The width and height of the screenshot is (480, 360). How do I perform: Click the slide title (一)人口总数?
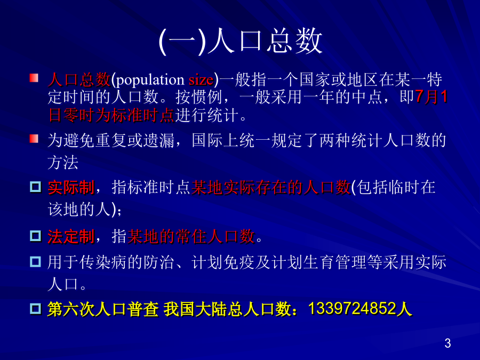pyautogui.click(x=241, y=42)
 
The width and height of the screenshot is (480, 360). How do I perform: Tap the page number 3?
pyautogui.click(x=447, y=343)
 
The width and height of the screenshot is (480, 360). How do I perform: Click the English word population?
pyautogui.click(x=150, y=80)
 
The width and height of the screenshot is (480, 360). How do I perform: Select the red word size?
pyautogui.click(x=201, y=80)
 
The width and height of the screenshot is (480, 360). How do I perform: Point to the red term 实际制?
pyautogui.click(x=71, y=187)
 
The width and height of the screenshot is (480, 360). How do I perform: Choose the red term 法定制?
pyautogui.click(x=71, y=237)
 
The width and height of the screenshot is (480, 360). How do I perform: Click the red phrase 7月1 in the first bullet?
pyautogui.click(x=431, y=97)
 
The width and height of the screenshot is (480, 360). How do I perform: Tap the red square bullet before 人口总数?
pyautogui.click(x=34, y=78)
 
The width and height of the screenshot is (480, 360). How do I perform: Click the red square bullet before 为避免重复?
pyautogui.click(x=34, y=139)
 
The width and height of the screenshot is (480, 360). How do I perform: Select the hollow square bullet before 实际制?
pyautogui.click(x=36, y=187)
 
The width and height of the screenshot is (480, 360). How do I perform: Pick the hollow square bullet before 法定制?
pyautogui.click(x=36, y=236)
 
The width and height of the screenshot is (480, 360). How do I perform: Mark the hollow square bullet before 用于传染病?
pyautogui.click(x=36, y=262)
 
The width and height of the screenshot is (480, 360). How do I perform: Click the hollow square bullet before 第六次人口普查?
pyautogui.click(x=36, y=308)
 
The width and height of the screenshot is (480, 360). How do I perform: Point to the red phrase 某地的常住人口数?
pyautogui.click(x=191, y=236)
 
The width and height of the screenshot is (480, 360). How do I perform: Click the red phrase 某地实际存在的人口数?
pyautogui.click(x=271, y=187)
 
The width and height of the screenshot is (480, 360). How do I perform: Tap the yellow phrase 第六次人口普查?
pyautogui.click(x=103, y=309)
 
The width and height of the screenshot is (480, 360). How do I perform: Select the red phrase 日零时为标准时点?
pyautogui.click(x=111, y=115)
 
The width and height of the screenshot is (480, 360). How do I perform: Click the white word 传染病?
pyautogui.click(x=103, y=262)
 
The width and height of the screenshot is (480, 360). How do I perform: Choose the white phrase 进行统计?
pyautogui.click(x=207, y=115)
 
